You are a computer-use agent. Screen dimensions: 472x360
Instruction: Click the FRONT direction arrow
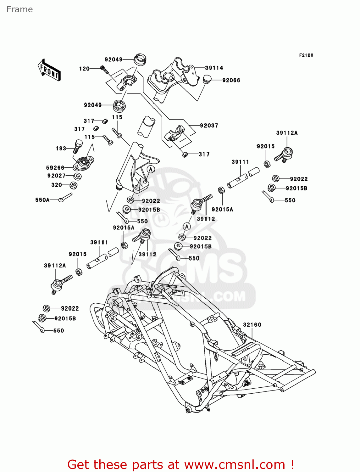[x=49, y=70]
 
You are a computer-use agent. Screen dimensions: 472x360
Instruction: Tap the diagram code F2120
[x=306, y=55]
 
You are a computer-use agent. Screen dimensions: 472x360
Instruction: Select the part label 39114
[x=214, y=68]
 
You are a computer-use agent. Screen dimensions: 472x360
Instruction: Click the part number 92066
[x=231, y=81]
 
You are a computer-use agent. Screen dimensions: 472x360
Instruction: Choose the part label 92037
[x=209, y=126]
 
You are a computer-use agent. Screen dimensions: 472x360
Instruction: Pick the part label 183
[x=61, y=149]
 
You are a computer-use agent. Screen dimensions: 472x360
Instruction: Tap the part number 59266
[x=55, y=168]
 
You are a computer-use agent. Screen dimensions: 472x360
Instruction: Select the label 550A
[x=42, y=200]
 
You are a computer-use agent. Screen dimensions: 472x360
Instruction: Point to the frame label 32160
[x=252, y=325]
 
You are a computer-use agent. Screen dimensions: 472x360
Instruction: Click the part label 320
[x=56, y=185]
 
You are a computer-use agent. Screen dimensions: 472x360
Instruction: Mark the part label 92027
[x=56, y=176]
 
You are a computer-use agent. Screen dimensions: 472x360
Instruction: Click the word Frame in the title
[x=19, y=9]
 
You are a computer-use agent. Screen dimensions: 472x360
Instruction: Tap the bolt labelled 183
[x=78, y=146]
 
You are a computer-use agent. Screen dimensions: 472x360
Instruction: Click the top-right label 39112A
[x=287, y=133]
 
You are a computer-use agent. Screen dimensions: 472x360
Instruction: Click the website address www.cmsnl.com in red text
[x=234, y=465]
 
